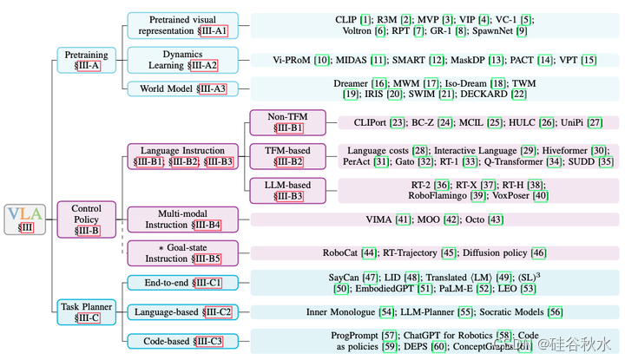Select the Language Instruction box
(182, 156)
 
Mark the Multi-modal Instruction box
(182, 219)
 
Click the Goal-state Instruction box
(182, 252)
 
